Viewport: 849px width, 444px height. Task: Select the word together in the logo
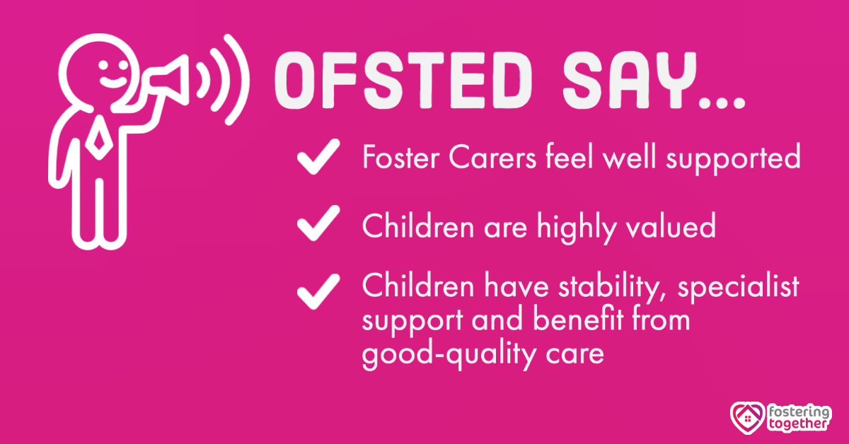click(799, 426)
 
